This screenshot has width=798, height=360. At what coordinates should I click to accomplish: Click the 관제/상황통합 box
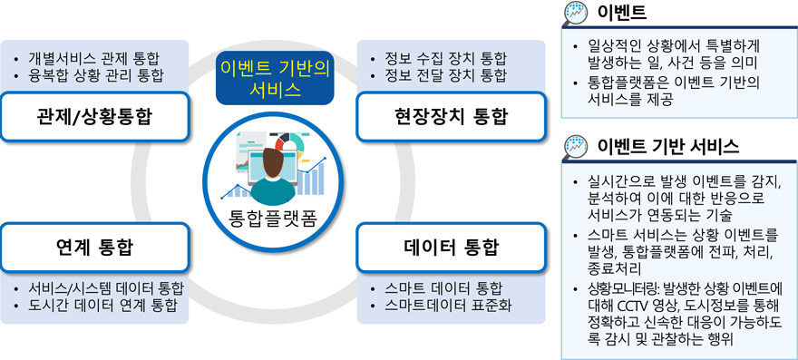tap(94, 117)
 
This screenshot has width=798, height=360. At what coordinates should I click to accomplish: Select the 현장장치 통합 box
tap(451, 117)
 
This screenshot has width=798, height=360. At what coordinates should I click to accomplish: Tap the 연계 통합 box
tap(94, 247)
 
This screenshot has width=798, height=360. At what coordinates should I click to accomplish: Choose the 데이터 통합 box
tap(451, 247)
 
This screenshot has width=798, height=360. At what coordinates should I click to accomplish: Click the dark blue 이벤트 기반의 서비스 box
tap(275, 78)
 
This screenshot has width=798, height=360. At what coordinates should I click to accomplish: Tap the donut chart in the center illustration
tap(288, 144)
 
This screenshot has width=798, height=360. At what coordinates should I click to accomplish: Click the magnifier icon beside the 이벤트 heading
tap(577, 14)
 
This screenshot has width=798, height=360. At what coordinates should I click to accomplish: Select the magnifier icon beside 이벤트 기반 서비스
tap(577, 148)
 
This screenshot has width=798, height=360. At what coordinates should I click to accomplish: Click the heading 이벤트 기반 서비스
tap(668, 147)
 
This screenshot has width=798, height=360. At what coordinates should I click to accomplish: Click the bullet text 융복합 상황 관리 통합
tap(96, 77)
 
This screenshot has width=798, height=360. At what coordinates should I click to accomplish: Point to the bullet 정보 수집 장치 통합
tap(446, 58)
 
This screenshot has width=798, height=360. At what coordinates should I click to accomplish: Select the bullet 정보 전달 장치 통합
tap(446, 77)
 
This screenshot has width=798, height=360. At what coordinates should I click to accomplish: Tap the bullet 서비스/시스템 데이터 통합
tap(106, 287)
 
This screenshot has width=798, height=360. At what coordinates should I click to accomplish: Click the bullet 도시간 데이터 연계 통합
tap(102, 306)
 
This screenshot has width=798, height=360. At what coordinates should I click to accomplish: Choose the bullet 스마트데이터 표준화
tap(448, 306)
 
